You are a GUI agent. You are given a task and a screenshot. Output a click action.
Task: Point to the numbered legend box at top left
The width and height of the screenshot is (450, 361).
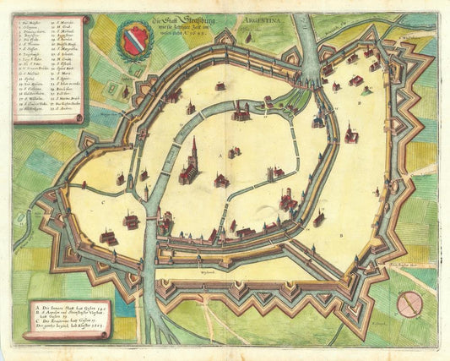point(49,64)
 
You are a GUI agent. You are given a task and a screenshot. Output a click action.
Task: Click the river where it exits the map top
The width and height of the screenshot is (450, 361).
point(307,17)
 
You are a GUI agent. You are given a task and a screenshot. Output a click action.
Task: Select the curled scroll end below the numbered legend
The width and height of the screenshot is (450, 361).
point(79,121)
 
